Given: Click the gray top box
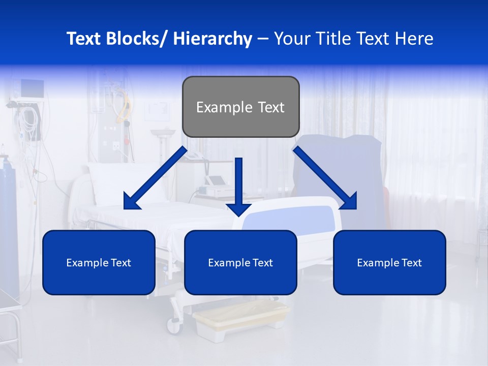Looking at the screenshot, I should (240, 107).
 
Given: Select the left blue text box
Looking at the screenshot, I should (99, 262).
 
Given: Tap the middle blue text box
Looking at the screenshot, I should (240, 262).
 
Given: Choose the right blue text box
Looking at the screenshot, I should (389, 262).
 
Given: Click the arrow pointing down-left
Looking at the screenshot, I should (155, 178).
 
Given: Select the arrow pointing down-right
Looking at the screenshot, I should (325, 178).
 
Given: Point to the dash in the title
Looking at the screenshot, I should (263, 39).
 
